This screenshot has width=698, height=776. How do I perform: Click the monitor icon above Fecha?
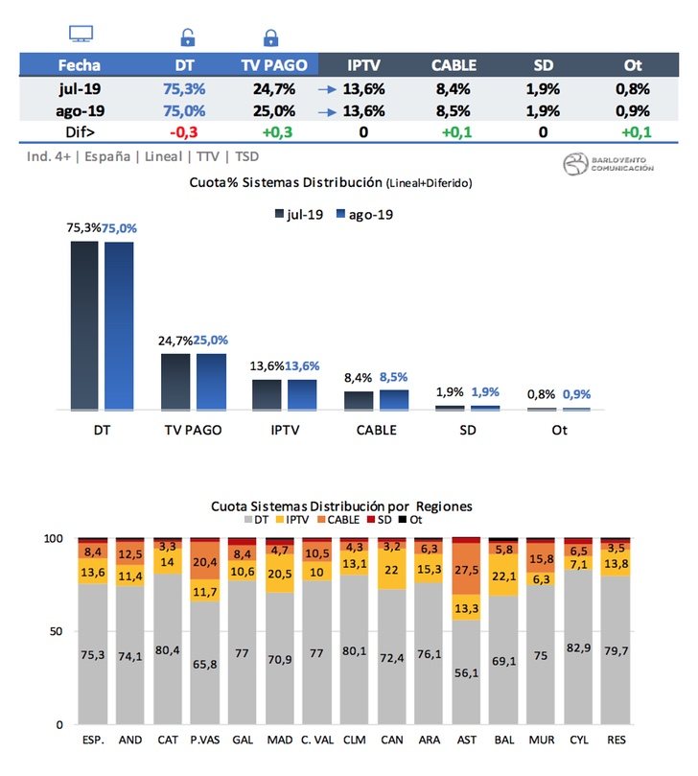[81, 34]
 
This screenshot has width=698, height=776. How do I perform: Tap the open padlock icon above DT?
[188, 38]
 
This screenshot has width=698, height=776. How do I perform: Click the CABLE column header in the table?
[453, 65]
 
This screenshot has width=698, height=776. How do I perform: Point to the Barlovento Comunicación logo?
[608, 163]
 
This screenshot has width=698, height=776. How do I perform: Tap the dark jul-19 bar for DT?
[84, 326]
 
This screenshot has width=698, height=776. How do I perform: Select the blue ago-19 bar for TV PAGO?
[212, 382]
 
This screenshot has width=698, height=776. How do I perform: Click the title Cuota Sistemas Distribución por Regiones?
[342, 506]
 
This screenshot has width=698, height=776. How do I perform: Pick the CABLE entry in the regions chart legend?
[338, 519]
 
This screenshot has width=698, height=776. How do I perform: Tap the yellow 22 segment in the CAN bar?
[392, 570]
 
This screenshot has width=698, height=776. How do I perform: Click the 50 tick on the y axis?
[57, 631]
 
